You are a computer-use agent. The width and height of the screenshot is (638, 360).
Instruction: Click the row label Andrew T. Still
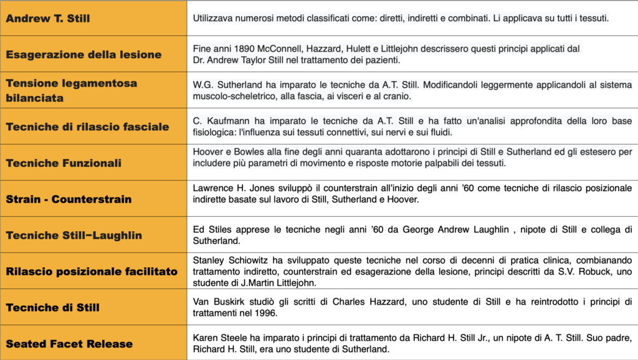pos(48,19)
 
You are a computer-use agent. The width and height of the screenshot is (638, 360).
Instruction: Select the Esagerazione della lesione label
pos(83,54)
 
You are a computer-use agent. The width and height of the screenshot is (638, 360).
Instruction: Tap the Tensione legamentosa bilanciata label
pos(71,90)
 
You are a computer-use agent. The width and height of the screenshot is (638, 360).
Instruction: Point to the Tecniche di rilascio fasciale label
pos(87,126)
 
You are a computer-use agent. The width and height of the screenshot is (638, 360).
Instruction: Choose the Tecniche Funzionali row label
pos(64,163)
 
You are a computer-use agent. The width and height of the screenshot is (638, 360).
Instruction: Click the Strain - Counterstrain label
pos(69,199)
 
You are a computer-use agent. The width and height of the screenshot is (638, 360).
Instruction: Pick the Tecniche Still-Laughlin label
pos(74,235)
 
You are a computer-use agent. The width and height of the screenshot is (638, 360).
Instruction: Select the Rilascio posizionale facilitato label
pos(92,272)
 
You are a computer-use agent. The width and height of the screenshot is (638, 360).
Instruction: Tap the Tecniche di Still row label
pos(52,308)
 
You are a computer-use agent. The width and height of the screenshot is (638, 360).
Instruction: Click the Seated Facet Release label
pos(69,344)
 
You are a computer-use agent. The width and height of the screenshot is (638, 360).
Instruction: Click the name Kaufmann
pos(223,120)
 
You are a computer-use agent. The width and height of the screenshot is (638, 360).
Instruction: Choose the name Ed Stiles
pos(212,229)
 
